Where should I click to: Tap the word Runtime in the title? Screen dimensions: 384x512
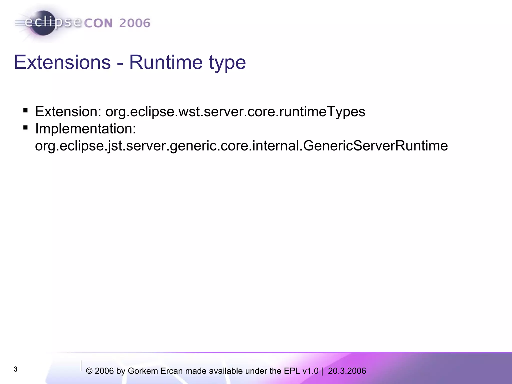165,62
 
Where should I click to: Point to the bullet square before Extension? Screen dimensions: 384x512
25,110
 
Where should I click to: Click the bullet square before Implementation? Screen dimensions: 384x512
25,128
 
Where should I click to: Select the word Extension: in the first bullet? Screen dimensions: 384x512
68,111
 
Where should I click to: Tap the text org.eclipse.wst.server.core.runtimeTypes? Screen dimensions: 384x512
235,112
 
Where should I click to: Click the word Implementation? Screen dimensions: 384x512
85,129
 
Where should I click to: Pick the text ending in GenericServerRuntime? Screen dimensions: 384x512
241,146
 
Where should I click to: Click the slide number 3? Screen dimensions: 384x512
15,369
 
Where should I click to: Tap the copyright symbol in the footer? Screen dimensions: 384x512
89,371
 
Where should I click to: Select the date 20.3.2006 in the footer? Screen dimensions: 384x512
347,371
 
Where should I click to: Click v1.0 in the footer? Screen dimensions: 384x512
310,371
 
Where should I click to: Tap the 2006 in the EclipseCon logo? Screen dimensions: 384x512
134,23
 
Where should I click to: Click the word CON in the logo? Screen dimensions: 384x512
98,23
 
